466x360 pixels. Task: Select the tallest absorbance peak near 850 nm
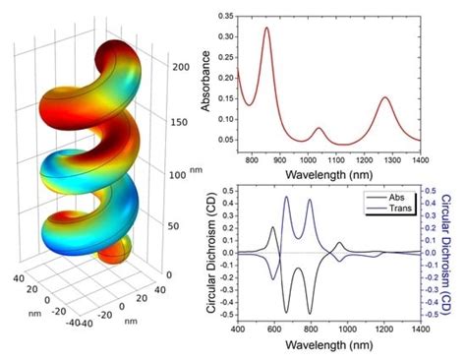[266, 29]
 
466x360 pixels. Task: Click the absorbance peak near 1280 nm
[385, 97]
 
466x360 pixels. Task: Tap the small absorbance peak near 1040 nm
[318, 129]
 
